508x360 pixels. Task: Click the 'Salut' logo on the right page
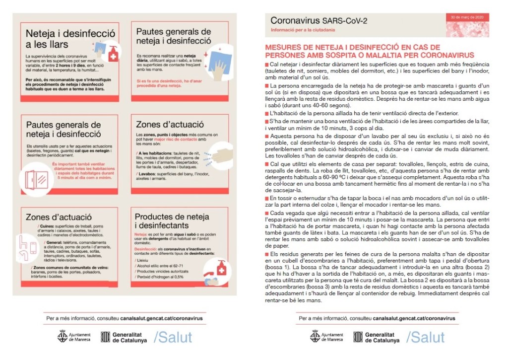click(x=425, y=337)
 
